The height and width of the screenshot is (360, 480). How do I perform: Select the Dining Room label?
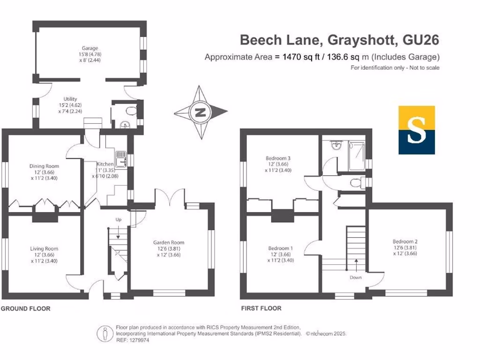point(44,166)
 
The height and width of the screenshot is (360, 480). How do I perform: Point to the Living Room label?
point(44,248)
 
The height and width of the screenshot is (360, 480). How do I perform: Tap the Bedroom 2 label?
point(405,241)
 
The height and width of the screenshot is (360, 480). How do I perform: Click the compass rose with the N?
point(201,112)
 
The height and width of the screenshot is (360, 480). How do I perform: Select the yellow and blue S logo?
point(416,130)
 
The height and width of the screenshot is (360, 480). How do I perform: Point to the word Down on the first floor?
point(355,277)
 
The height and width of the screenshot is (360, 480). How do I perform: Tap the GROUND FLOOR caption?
point(25,309)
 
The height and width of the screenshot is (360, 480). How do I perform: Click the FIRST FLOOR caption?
point(261,309)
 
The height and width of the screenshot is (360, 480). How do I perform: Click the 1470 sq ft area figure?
point(301,58)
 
